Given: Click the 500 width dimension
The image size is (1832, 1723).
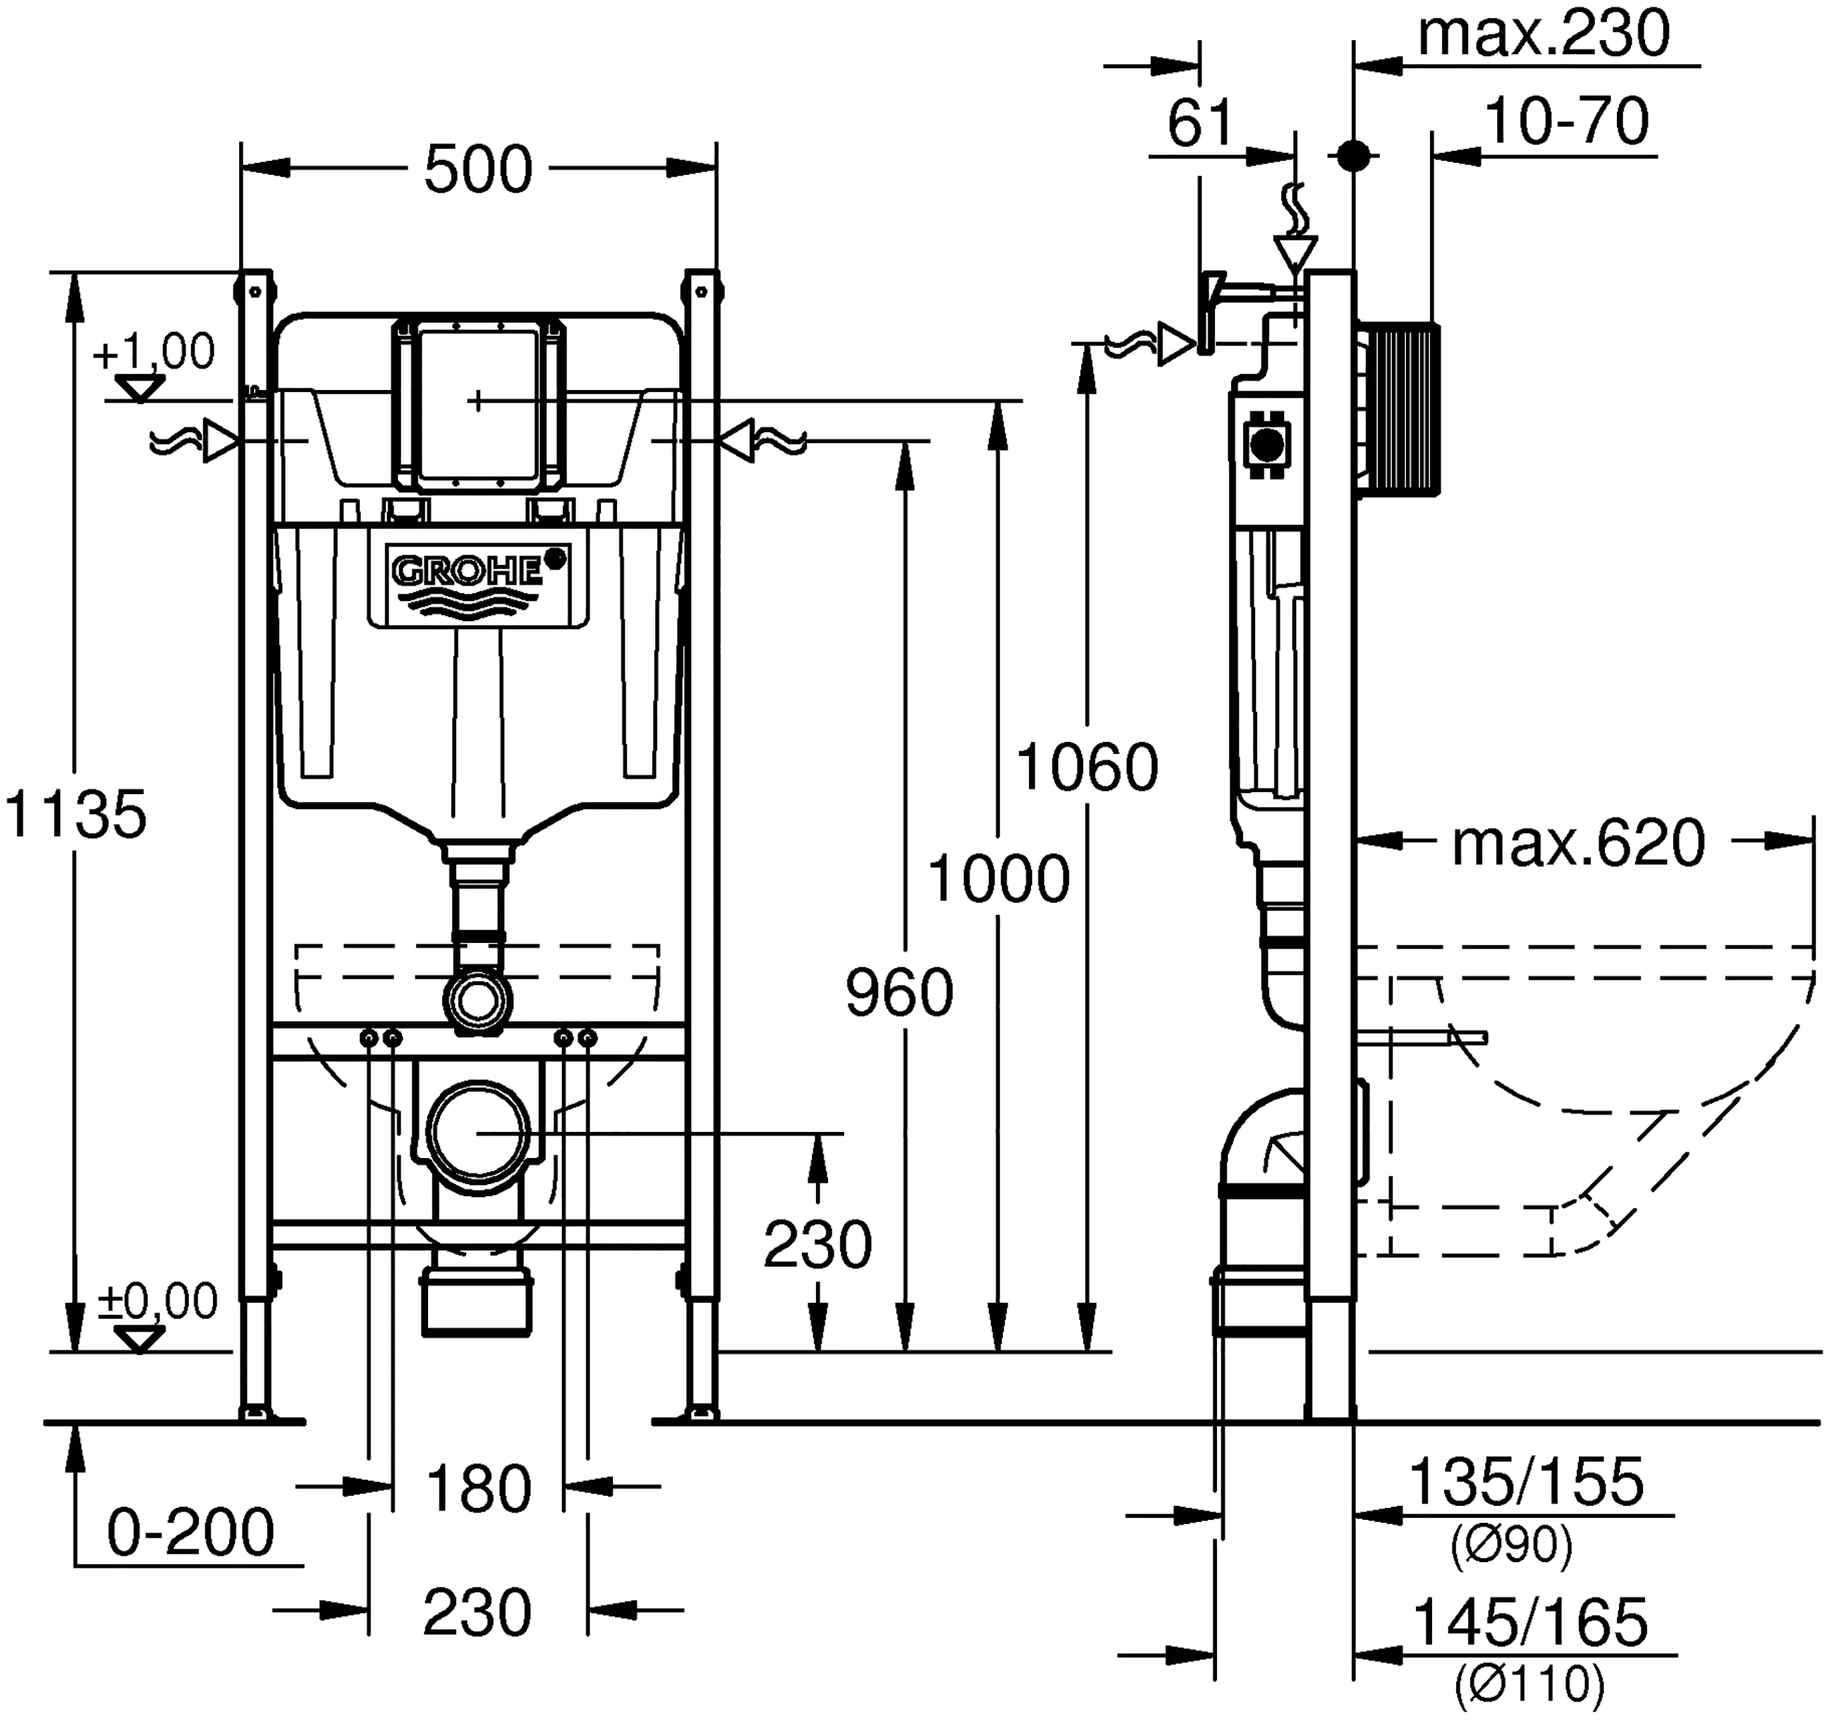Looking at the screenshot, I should pyautogui.click(x=477, y=170).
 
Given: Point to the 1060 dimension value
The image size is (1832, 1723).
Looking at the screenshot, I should pyautogui.click(x=1087, y=767).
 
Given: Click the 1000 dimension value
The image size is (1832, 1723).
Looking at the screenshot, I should pyautogui.click(x=998, y=879).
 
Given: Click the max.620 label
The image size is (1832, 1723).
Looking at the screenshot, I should pyautogui.click(x=1577, y=844).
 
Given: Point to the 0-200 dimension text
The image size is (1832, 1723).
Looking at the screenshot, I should pyautogui.click(x=191, y=1532).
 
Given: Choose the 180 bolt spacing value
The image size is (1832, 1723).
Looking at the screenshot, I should pyautogui.click(x=478, y=1489).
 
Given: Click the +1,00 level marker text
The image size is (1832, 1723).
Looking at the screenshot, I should pyautogui.click(x=154, y=351).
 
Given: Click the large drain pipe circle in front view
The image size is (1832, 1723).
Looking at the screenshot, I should pyautogui.click(x=477, y=1132).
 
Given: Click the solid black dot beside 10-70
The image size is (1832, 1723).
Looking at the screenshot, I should pyautogui.click(x=1352, y=156).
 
